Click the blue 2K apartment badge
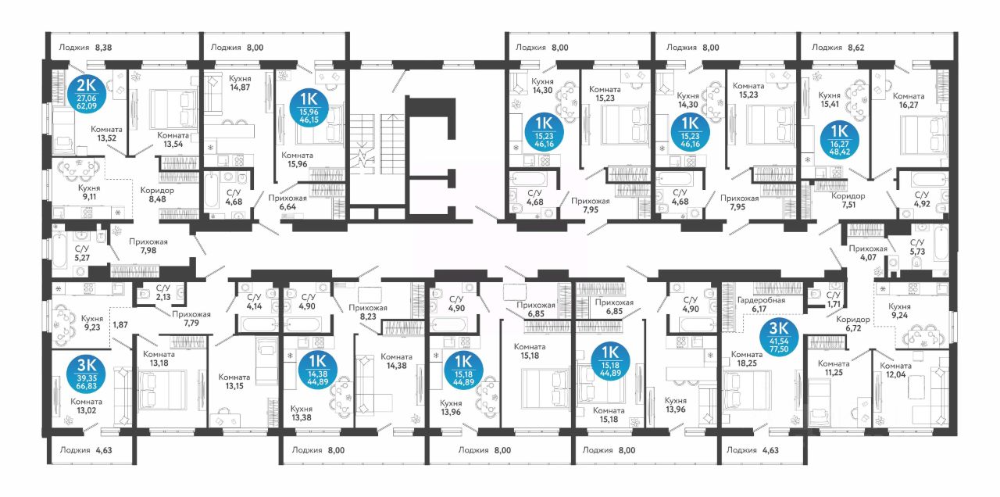tap(86, 94)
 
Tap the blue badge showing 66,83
tap(86, 374)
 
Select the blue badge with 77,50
tap(779, 337)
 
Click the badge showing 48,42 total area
tap(839, 140)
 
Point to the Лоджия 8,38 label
tap(85, 48)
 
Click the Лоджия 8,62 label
tap(838, 48)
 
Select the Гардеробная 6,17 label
tap(761, 305)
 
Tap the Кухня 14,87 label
tap(240, 83)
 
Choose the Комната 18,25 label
tap(747, 359)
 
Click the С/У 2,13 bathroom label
tap(163, 293)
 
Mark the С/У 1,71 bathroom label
tap(833, 299)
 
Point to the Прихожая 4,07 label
tap(868, 253)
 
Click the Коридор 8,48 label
tap(157, 195)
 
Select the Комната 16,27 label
tap(909, 101)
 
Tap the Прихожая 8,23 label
tap(368, 312)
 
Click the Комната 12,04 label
tap(895, 370)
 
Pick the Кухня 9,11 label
tap(89, 192)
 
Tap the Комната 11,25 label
tap(834, 368)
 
